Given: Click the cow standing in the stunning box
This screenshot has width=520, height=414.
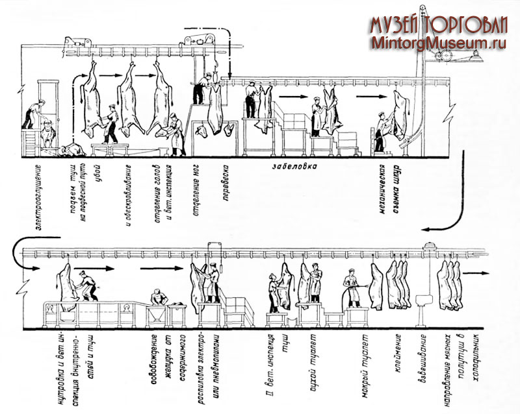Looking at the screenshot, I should point(45,134).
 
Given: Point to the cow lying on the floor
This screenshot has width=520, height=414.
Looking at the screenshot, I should point(71,150).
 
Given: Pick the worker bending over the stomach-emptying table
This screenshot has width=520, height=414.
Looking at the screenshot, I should point(156,298).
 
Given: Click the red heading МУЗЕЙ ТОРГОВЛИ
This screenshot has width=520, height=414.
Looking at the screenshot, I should point(439,24).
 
